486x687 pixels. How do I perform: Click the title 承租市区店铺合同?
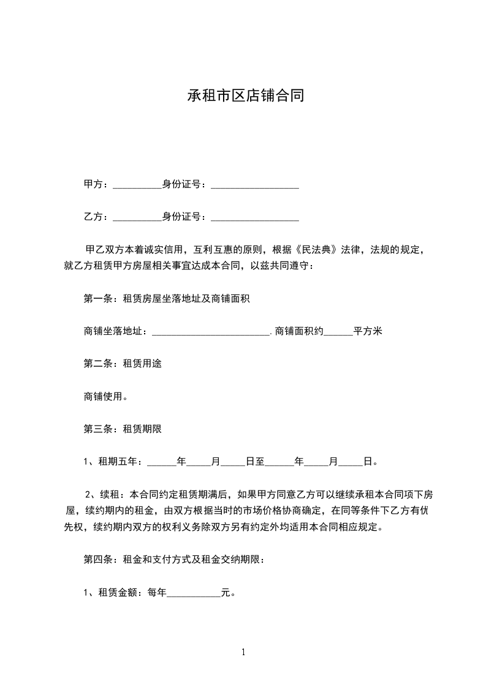[245, 96]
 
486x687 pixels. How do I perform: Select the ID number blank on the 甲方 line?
[255, 185]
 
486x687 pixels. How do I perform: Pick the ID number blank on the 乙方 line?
[255, 217]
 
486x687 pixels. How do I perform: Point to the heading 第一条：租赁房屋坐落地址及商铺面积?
[166, 299]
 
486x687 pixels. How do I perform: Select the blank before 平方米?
[338, 332]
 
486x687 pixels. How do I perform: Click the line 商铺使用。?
[105, 397]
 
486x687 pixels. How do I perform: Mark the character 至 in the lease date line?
[260, 462]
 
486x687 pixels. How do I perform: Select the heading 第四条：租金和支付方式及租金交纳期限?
[174, 560]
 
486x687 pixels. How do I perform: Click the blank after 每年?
[194, 593]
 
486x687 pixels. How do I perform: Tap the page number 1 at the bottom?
[243, 653]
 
